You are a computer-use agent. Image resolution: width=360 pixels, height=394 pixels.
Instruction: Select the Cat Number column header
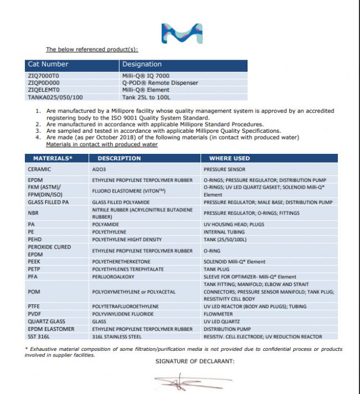48,64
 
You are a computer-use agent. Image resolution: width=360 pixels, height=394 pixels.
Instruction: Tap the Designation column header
142,64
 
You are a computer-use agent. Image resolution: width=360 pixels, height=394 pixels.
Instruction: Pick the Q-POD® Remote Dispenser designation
160,82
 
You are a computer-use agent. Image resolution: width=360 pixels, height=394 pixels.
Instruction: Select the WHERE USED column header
229,158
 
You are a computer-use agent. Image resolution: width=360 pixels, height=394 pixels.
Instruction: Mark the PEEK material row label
34,261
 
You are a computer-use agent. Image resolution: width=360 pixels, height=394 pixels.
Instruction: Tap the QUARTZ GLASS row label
44,321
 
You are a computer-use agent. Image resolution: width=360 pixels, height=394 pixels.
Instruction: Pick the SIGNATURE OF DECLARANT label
194,361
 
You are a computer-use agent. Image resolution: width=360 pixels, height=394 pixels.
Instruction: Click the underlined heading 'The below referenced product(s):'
92,49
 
